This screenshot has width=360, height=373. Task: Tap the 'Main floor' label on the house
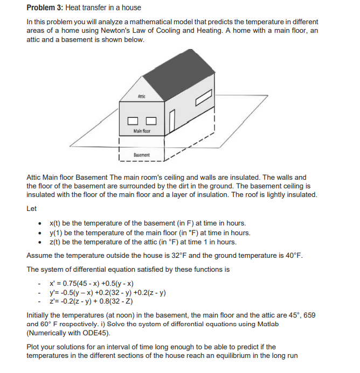tap(142, 131)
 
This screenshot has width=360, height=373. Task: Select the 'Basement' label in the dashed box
tap(142, 154)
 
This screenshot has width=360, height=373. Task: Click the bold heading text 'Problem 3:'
tap(45, 8)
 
